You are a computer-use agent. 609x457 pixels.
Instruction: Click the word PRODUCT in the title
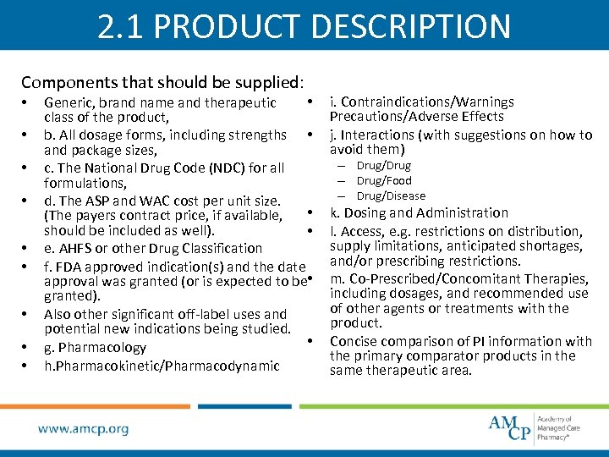point(223,26)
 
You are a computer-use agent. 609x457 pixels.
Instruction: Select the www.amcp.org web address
point(84,429)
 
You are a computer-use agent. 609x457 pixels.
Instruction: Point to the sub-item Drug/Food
point(384,180)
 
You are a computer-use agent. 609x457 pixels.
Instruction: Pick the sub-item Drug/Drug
point(384,165)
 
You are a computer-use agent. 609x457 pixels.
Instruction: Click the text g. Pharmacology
point(95,347)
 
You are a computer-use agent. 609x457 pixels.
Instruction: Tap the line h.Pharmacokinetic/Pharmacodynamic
point(162,366)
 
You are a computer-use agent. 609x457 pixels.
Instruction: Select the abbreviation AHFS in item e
point(74,248)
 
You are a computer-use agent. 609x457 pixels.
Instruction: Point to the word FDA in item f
point(70,267)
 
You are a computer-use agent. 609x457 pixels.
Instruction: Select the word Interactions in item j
point(376,135)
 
